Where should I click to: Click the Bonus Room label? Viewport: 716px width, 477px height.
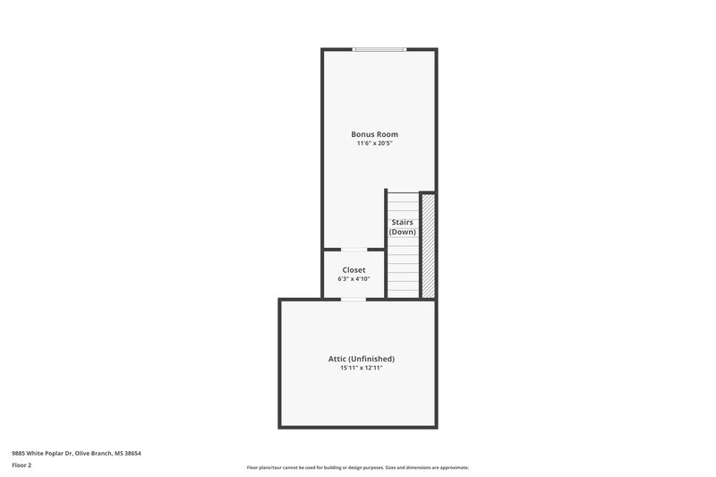click(374, 134)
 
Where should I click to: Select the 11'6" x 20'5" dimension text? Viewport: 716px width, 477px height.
click(374, 143)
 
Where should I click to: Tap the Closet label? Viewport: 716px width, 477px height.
click(354, 269)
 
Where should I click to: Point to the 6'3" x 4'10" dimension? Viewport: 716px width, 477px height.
click(354, 278)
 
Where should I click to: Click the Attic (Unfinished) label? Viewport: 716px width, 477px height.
click(361, 359)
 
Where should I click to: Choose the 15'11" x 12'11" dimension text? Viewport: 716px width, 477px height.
click(361, 368)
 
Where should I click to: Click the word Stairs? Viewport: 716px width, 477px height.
click(402, 222)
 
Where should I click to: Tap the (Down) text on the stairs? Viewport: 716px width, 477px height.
click(402, 232)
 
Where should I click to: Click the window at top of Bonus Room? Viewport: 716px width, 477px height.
click(379, 49)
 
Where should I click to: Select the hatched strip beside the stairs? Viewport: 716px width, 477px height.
click(428, 244)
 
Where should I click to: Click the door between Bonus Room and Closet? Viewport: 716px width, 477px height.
click(354, 249)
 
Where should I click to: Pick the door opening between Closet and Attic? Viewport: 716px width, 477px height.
click(354, 299)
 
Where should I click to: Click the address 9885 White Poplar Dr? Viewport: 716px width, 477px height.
click(44, 453)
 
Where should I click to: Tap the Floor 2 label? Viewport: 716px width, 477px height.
click(21, 465)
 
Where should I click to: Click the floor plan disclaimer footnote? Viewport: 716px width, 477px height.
click(357, 467)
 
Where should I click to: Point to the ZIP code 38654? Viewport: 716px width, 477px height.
click(132, 453)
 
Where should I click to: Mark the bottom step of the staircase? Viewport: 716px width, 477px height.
click(404, 293)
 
